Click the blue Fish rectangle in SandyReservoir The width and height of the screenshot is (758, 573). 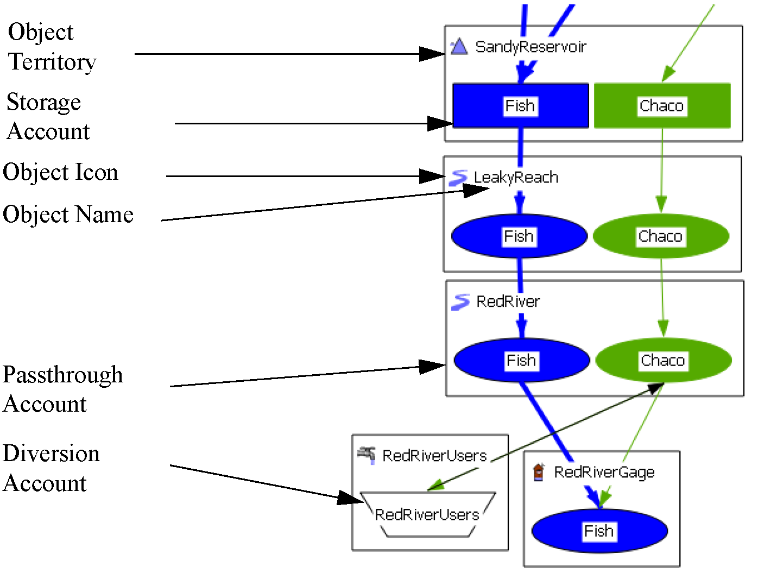(520, 106)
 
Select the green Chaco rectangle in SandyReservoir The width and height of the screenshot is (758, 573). (662, 106)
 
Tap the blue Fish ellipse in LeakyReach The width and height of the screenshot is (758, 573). (519, 236)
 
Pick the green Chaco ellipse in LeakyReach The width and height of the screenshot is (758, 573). (661, 236)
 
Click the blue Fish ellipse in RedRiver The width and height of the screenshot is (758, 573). (521, 360)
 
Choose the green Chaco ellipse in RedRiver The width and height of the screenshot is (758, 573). (663, 360)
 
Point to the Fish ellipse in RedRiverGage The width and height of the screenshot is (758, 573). (599, 531)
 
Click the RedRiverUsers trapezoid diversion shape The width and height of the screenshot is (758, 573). (427, 514)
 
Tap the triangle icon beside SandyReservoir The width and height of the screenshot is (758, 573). (459, 47)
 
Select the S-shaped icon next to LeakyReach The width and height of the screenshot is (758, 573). (458, 178)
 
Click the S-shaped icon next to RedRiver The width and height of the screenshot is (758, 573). (460, 302)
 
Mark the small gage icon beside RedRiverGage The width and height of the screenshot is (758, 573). (538, 472)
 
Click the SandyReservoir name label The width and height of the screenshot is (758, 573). (530, 47)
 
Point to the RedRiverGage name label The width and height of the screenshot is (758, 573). (604, 473)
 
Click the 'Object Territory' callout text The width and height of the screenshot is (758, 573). (52, 47)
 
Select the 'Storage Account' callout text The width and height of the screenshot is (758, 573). (48, 117)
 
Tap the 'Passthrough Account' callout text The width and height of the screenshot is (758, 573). (62, 389)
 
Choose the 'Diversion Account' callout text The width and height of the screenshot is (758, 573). (51, 468)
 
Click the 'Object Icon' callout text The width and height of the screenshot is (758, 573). (60, 172)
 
